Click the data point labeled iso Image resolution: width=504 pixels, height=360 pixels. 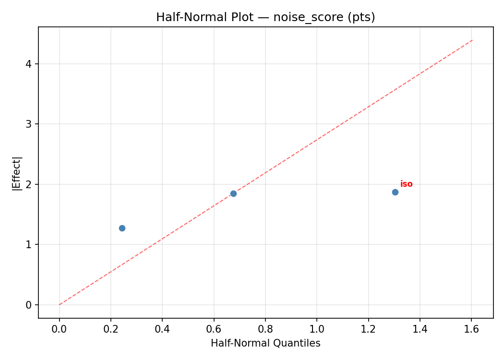[x=395, y=192]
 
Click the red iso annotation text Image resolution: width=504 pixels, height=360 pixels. [x=407, y=184]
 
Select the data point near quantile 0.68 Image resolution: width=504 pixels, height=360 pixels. [x=233, y=193]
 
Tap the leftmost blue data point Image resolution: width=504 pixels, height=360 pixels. [x=122, y=228]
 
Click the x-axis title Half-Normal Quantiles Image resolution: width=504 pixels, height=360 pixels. [x=265, y=344]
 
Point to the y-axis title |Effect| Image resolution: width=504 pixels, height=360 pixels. [x=17, y=173]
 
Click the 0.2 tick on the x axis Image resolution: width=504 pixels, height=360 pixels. [x=111, y=330]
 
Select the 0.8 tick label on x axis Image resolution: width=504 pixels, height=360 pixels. [x=265, y=330]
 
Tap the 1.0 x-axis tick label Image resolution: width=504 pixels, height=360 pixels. [x=317, y=330]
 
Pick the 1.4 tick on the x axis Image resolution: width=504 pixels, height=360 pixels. [x=420, y=330]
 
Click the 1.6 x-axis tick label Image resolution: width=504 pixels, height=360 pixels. [x=471, y=330]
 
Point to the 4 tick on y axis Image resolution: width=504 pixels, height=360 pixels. [x=30, y=64]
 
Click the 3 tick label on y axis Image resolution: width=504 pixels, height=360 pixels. [x=30, y=124]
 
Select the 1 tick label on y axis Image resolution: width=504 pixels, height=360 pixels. [x=30, y=244]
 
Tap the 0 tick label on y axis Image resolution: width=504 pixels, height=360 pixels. [x=30, y=305]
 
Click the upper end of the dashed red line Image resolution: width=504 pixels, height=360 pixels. [x=472, y=40]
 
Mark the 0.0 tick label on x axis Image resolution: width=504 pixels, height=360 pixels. [x=60, y=330]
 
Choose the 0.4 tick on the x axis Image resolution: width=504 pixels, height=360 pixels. [x=162, y=330]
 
